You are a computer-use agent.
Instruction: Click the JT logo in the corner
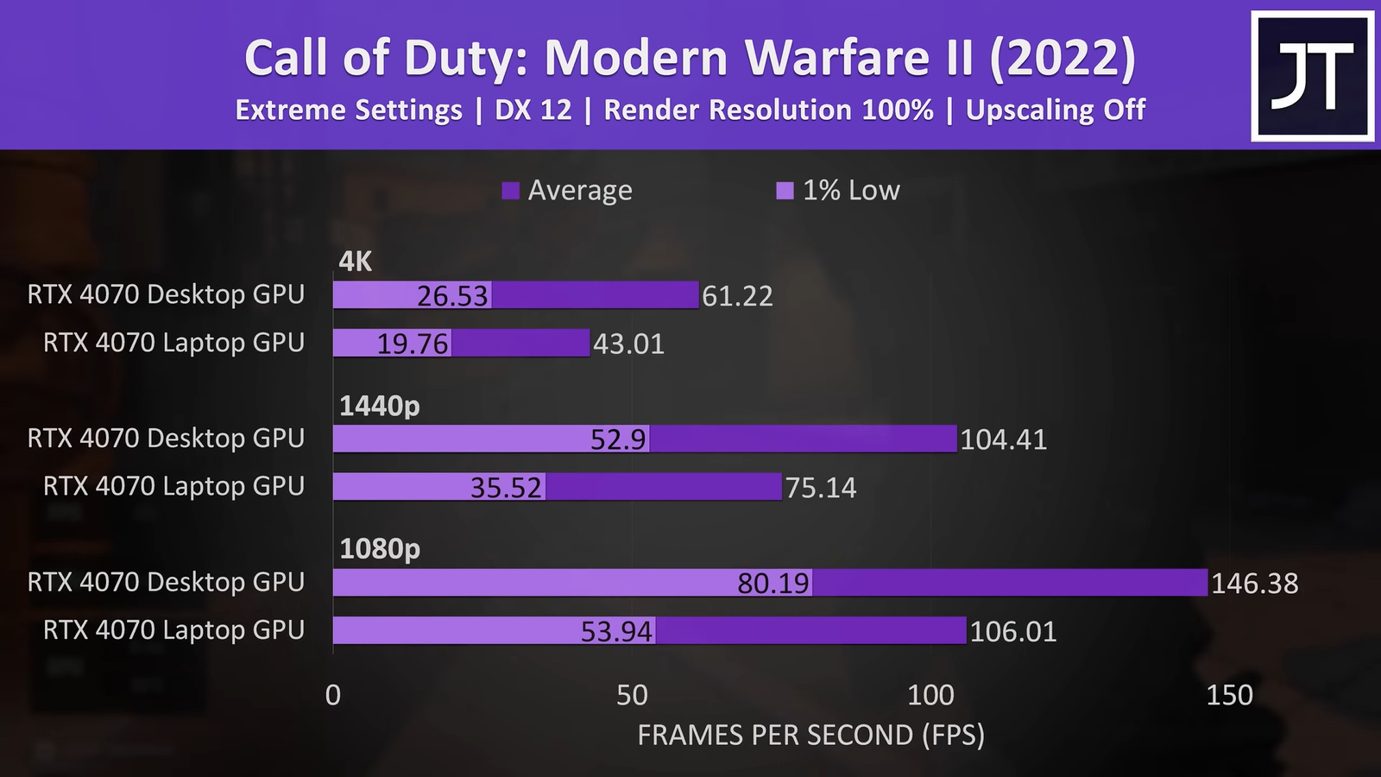1312,76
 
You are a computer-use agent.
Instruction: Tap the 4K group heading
356,262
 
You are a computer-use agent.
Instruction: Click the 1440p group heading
380,406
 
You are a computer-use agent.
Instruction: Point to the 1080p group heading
380,549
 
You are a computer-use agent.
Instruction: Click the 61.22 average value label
737,296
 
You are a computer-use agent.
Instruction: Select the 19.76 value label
413,344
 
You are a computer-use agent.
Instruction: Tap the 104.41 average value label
1003,440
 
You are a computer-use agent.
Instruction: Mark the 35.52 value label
506,489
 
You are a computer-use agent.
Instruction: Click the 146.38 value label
1254,584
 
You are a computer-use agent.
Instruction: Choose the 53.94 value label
616,632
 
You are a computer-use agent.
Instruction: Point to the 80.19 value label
773,584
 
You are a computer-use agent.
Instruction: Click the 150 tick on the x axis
1229,695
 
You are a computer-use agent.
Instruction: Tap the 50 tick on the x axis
632,695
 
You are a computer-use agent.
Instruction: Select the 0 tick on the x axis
333,695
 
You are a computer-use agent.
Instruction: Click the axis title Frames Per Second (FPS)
810,736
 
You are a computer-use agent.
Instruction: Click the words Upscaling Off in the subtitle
1055,111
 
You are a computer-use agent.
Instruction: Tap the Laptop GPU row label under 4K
174,343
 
